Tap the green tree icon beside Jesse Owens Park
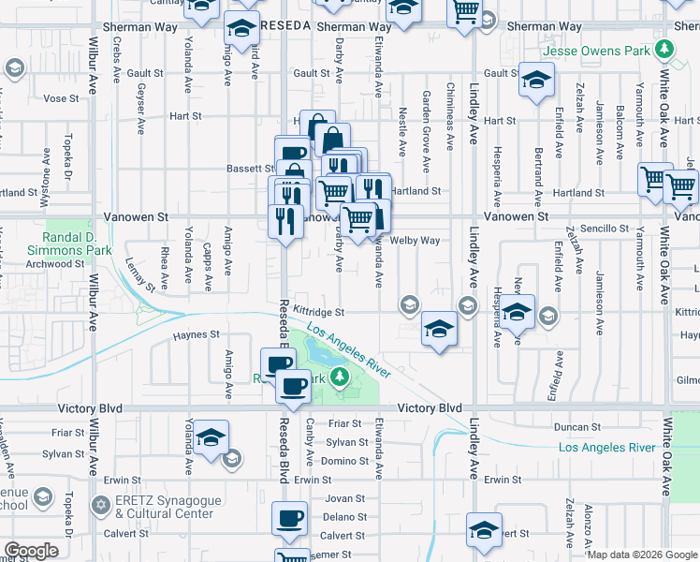click(x=664, y=48)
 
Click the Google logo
click(x=32, y=552)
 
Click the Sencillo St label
click(x=605, y=229)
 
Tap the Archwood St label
click(x=55, y=264)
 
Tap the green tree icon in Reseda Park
click(x=342, y=377)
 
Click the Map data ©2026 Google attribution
click(x=641, y=555)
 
